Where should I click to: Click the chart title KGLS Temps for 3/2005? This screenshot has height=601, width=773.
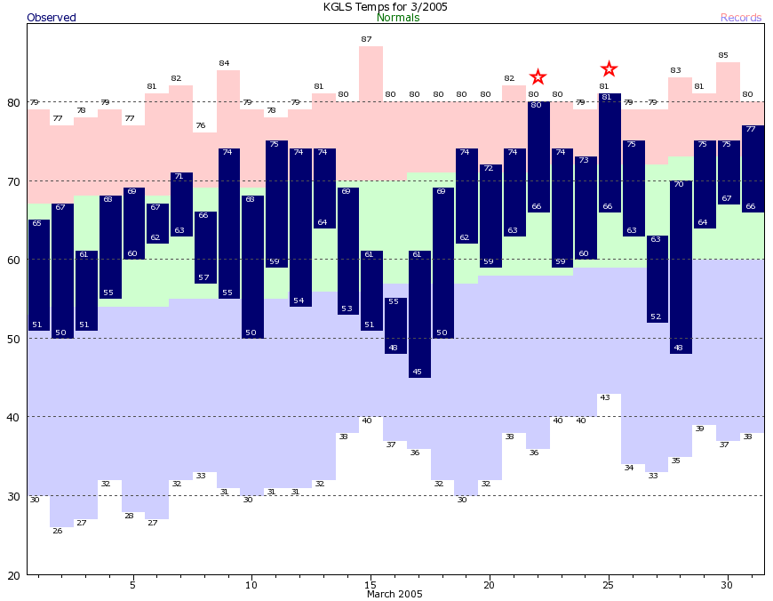pyautogui.click(x=385, y=6)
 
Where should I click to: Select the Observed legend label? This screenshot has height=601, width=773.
pyautogui.click(x=52, y=18)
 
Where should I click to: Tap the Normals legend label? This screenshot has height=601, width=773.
pyautogui.click(x=398, y=18)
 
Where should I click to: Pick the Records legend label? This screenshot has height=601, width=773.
pyautogui.click(x=741, y=18)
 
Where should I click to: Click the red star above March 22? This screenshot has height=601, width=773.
pyautogui.click(x=538, y=77)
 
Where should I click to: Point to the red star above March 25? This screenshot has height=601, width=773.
pyautogui.click(x=609, y=69)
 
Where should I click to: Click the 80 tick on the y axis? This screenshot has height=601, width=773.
pyautogui.click(x=13, y=102)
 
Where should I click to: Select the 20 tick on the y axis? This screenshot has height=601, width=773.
pyautogui.click(x=13, y=575)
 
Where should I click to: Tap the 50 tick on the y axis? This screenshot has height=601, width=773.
pyautogui.click(x=13, y=339)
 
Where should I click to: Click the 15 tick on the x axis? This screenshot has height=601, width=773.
pyautogui.click(x=371, y=585)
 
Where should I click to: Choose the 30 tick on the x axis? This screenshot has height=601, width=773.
pyautogui.click(x=727, y=585)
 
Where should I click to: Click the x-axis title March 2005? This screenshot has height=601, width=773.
pyautogui.click(x=394, y=594)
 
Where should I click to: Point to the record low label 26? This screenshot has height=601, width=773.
pyautogui.click(x=58, y=531)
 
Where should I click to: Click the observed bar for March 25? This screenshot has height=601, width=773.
pyautogui.click(x=610, y=153)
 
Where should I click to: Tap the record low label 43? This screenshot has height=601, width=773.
pyautogui.click(x=604, y=397)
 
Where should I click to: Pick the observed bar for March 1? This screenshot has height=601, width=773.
pyautogui.click(x=38, y=275)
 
